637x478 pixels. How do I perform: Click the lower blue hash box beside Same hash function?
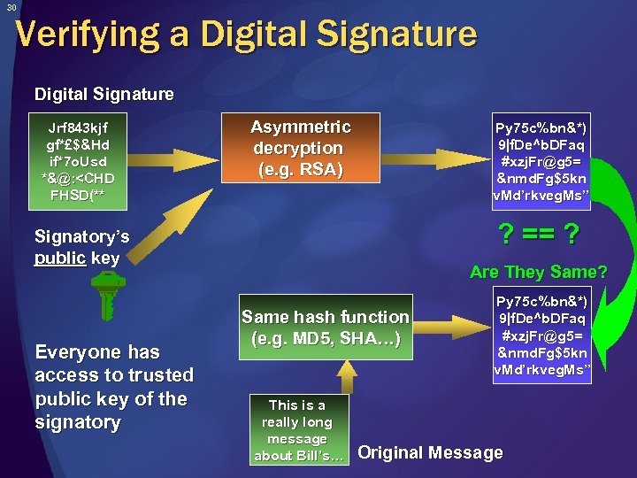pyautogui.click(x=541, y=332)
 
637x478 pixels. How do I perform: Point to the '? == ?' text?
pyautogui.click(x=540, y=235)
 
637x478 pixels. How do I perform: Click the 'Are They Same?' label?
pyautogui.click(x=538, y=272)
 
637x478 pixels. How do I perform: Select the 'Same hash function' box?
pyautogui.click(x=326, y=328)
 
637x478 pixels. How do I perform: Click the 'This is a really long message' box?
pyautogui.click(x=296, y=429)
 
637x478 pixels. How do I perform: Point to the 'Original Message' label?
pyautogui.click(x=430, y=452)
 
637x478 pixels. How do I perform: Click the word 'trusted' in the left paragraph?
pyautogui.click(x=160, y=375)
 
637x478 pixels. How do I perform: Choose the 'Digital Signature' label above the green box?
pyautogui.click(x=104, y=93)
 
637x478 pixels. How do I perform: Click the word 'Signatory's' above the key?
pyautogui.click(x=81, y=236)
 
